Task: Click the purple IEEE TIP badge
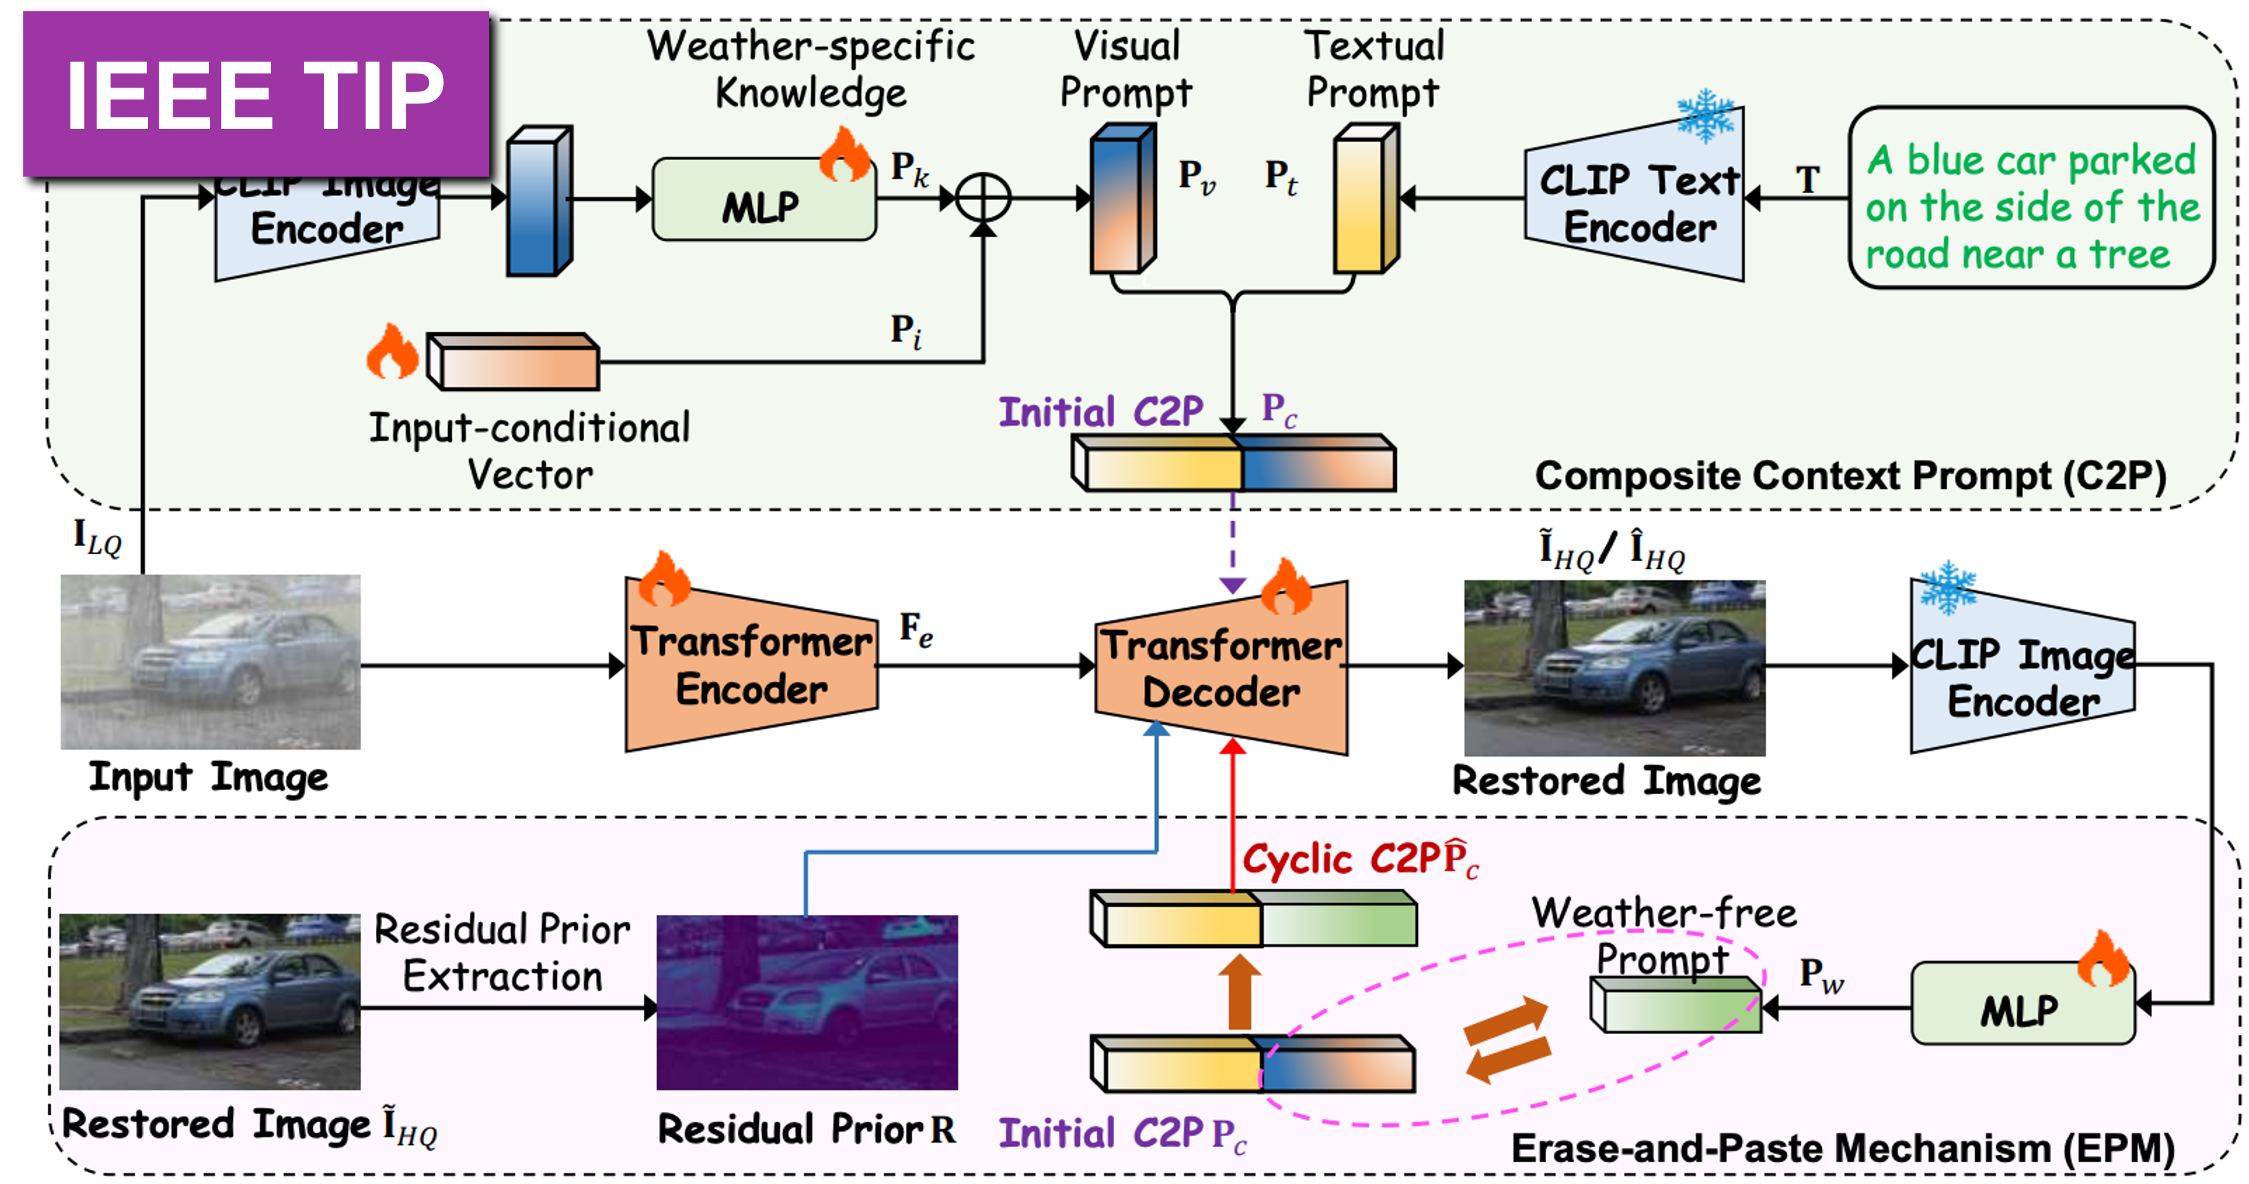[255, 95]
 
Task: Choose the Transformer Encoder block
[751, 665]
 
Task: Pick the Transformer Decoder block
[1220, 668]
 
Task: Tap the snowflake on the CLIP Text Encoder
[1705, 116]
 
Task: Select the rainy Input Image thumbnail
[210, 662]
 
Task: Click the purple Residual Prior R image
[806, 1002]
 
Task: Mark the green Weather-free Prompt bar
[1674, 1005]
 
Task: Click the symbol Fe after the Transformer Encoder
[916, 630]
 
